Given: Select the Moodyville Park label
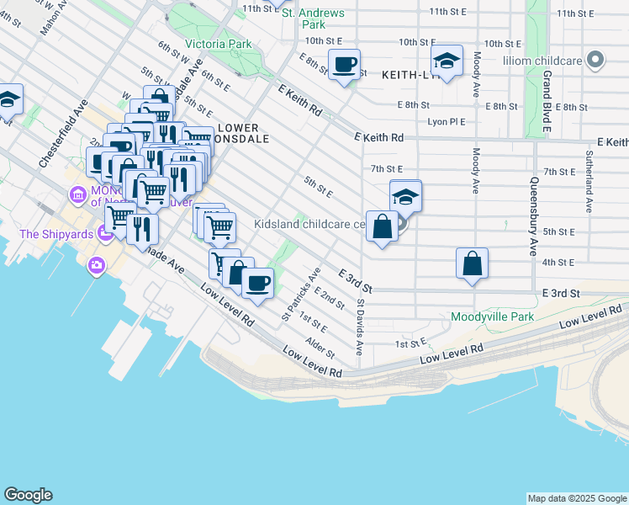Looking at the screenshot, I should [x=492, y=317].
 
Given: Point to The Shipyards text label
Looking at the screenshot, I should [x=56, y=234].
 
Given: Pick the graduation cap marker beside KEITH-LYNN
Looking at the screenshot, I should [x=447, y=61].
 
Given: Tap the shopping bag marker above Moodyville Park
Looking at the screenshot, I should [x=473, y=263].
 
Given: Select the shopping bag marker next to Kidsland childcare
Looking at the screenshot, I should [x=382, y=226].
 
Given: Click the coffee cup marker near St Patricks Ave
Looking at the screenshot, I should [x=258, y=283].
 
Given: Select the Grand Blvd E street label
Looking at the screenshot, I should [x=546, y=101].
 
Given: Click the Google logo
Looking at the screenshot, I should [x=28, y=495].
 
